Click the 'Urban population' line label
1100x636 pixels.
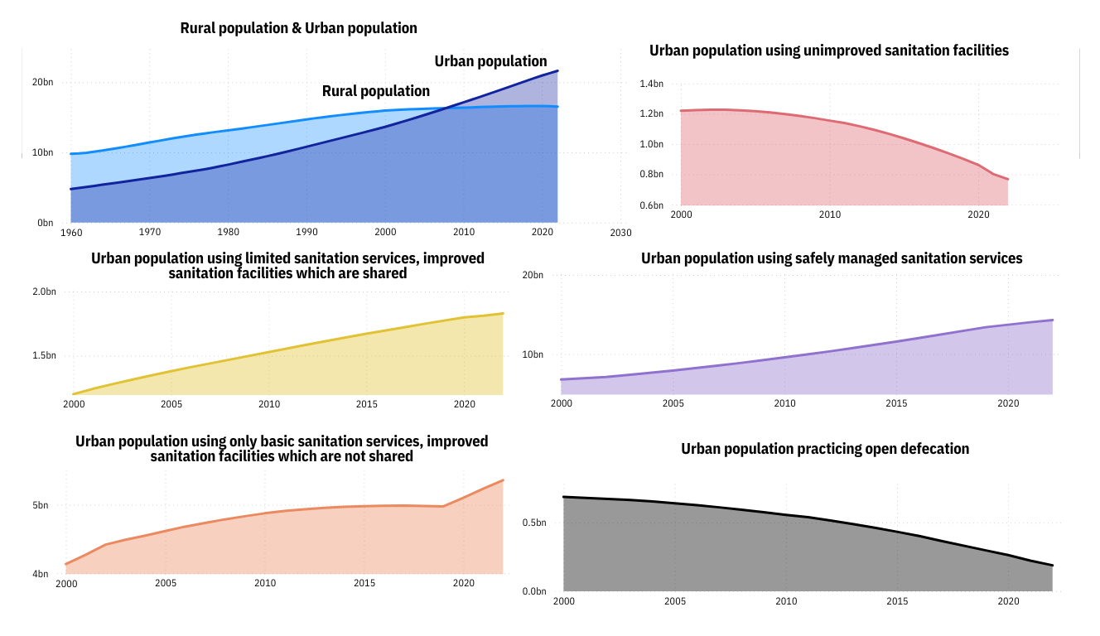point(490,61)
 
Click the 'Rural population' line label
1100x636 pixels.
point(376,91)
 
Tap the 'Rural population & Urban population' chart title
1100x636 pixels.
point(298,28)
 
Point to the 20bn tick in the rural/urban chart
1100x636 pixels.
point(43,82)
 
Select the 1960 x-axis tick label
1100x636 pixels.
point(71,232)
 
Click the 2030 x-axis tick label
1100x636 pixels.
point(620,233)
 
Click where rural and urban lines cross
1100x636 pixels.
point(446,108)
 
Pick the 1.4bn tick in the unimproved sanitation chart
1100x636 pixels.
point(652,84)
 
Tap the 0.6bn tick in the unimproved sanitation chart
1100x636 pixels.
point(652,205)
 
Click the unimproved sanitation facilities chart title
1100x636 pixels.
point(828,51)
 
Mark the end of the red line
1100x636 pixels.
point(1008,179)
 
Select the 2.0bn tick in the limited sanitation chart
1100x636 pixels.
point(44,291)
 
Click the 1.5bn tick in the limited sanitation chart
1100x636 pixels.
point(44,355)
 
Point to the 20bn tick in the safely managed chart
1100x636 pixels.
point(532,275)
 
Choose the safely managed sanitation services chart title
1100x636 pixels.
point(832,258)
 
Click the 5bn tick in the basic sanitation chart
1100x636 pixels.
point(41,505)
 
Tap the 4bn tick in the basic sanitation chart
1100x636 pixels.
point(41,574)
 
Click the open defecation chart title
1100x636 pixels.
point(825,449)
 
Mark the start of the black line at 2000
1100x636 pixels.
point(564,497)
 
